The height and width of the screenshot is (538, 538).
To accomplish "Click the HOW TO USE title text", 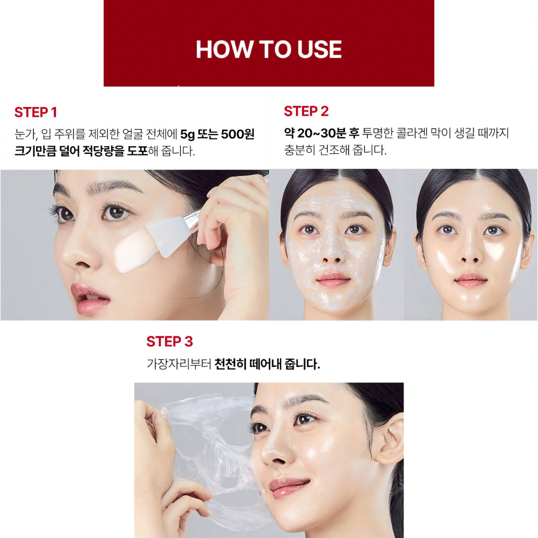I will pos(268,49).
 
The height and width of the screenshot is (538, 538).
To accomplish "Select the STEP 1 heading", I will pos(36,112).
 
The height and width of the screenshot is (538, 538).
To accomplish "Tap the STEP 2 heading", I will pos(306,111).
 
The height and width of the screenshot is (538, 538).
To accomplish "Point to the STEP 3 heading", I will pos(169,342).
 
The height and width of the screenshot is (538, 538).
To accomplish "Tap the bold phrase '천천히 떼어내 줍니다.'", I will pos(267,364).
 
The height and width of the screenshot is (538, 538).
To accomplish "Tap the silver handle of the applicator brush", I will pos(192,218).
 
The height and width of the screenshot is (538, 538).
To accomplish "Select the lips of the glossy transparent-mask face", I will pos(471,280).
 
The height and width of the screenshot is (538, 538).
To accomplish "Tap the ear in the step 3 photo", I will pos(388,441).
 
